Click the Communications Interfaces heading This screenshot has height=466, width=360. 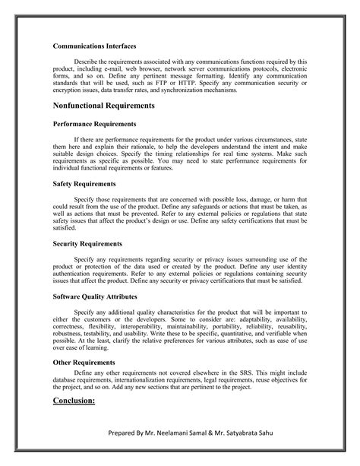click(94, 46)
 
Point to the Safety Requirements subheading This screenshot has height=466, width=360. click(84, 183)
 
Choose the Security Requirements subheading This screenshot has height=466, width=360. click(87, 243)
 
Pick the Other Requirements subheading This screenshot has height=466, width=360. click(84, 363)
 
